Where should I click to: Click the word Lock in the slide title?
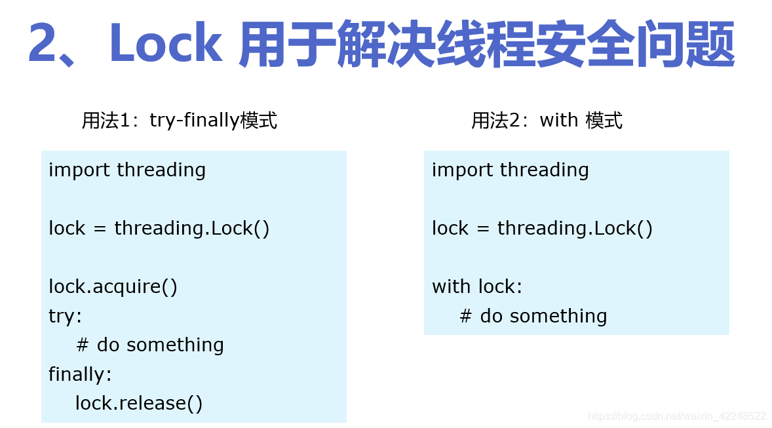[x=165, y=45]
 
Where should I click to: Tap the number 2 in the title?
[x=45, y=45]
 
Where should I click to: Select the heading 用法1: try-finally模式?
[x=180, y=120]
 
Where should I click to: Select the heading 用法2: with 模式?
[x=547, y=120]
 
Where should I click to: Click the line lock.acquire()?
[x=113, y=286]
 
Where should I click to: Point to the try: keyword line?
[x=66, y=316]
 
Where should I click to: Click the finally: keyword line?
[x=80, y=374]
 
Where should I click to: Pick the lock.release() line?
[x=139, y=403]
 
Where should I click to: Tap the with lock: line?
[x=477, y=286]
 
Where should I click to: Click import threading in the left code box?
[x=127, y=170]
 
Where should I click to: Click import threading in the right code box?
[x=510, y=170]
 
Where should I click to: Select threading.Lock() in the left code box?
[x=192, y=228]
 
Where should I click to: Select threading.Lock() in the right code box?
[x=575, y=228]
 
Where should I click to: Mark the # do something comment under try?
[x=150, y=345]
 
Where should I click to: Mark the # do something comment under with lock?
[x=533, y=316]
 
